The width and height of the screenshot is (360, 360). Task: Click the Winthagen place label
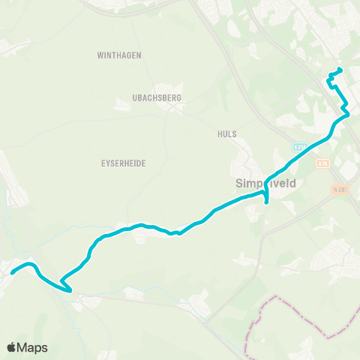119,55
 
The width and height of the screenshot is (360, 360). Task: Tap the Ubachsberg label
157,97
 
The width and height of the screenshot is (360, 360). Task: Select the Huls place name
225,134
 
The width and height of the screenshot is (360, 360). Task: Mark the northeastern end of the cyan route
340,70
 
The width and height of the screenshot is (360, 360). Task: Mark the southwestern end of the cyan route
12,272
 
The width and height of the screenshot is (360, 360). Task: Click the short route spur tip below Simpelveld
267,202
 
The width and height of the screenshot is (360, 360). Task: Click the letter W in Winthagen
100,55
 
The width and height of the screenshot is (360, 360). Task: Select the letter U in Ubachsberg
133,97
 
